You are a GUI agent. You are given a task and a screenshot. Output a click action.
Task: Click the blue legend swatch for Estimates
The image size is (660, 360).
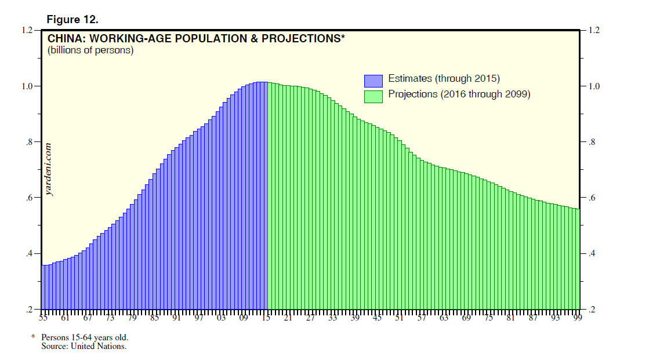click(373, 81)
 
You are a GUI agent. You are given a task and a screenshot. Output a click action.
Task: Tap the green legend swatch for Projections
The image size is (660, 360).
click(373, 96)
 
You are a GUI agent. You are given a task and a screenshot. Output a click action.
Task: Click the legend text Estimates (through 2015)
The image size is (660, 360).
click(444, 79)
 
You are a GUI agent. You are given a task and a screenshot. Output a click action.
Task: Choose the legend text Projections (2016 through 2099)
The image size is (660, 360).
click(459, 94)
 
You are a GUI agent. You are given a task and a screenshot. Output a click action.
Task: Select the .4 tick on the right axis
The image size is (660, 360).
click(592, 254)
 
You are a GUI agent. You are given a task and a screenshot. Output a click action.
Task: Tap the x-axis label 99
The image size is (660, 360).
click(577, 318)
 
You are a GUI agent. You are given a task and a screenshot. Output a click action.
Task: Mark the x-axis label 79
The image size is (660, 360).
click(132, 318)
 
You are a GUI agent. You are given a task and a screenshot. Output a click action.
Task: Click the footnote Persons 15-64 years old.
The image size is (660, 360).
click(85, 337)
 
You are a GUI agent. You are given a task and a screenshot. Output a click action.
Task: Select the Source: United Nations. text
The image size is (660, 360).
click(84, 346)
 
